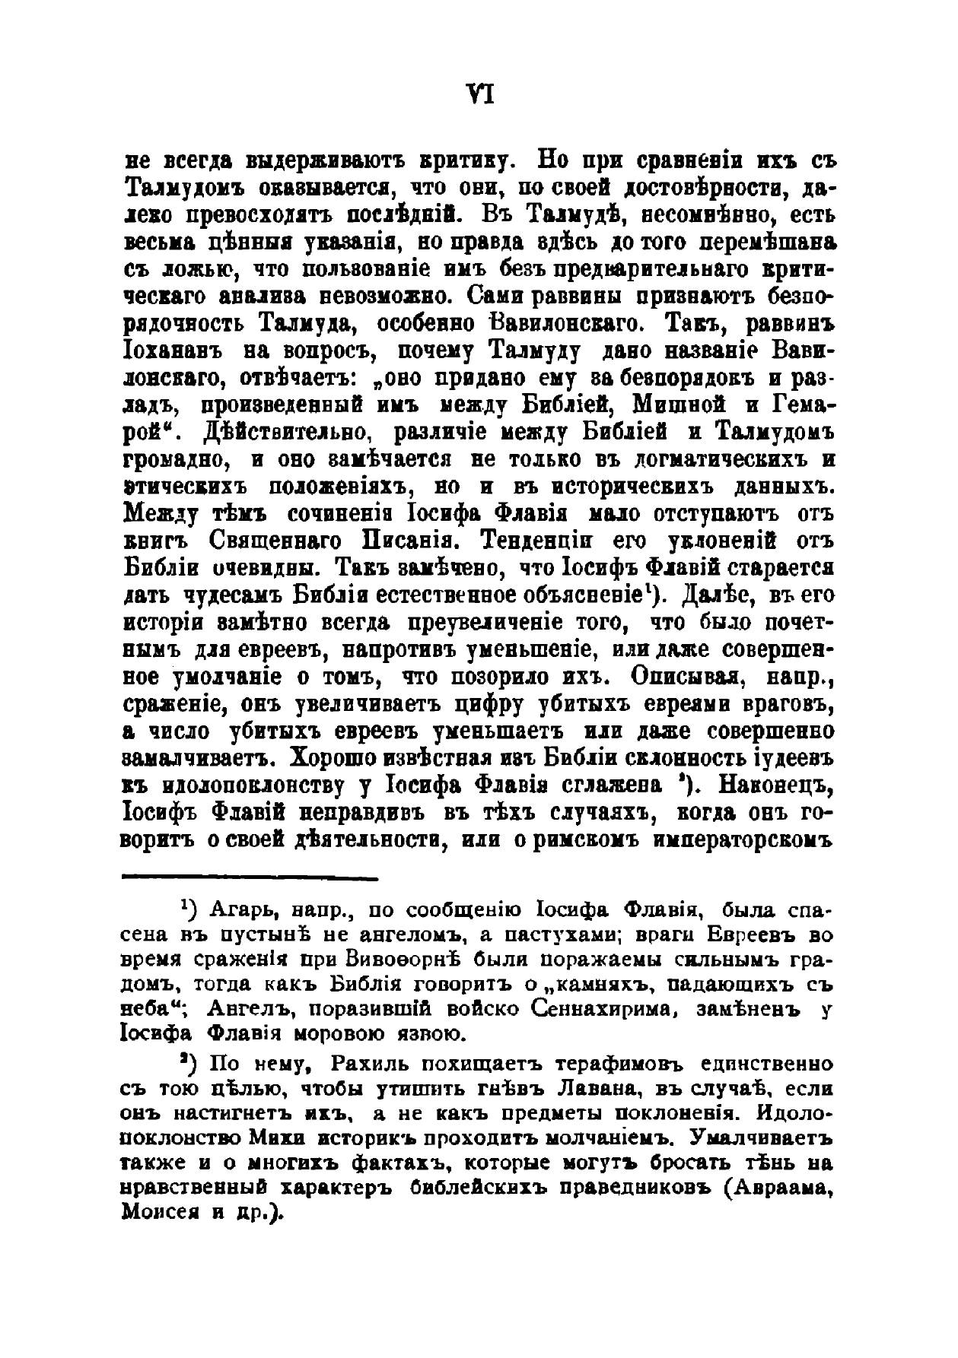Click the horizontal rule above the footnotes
[x=250, y=879]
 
